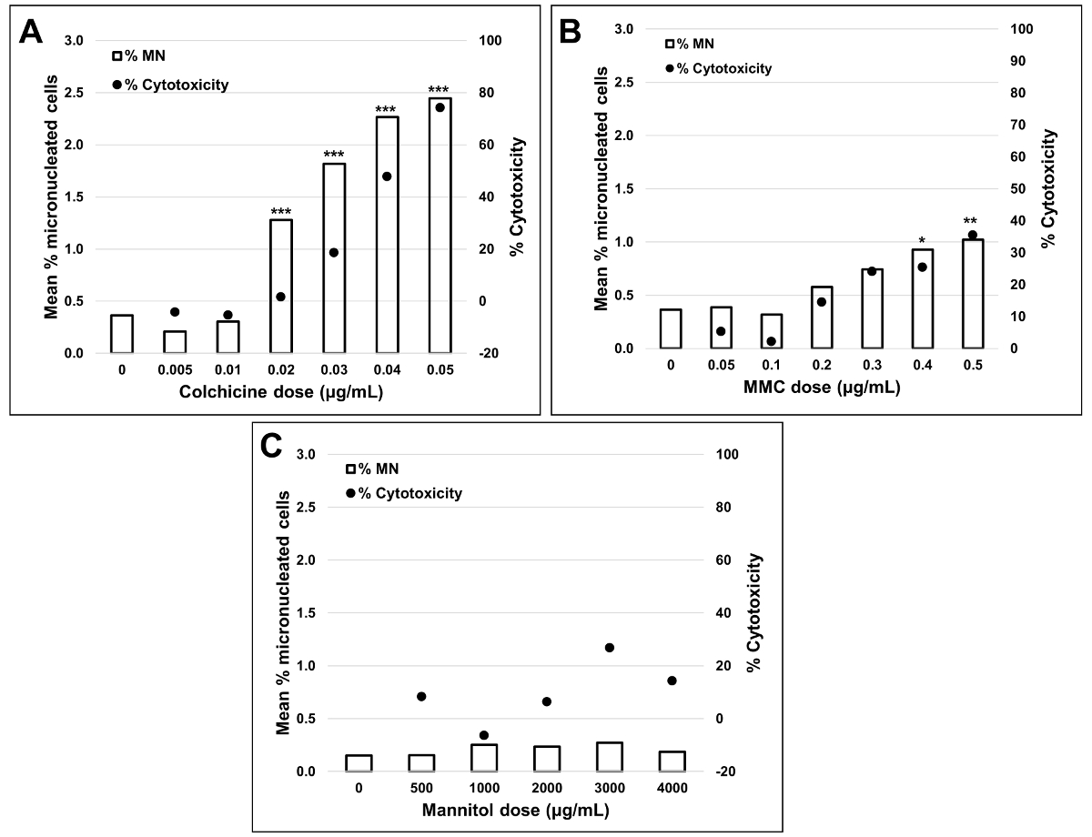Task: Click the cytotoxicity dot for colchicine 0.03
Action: click(333, 253)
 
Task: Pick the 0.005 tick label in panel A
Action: click(174, 371)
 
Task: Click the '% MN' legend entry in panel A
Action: click(136, 56)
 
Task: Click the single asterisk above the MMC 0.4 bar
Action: click(922, 241)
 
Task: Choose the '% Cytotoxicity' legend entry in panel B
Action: click(723, 68)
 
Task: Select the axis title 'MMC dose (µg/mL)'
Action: click(822, 388)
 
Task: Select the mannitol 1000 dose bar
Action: click(484, 758)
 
